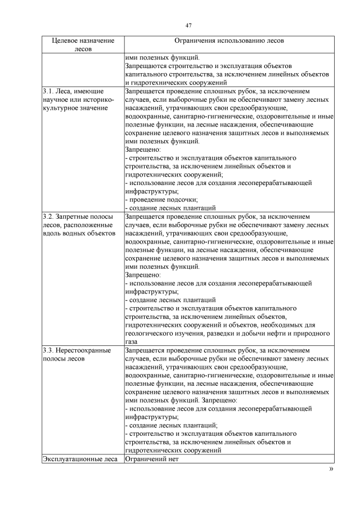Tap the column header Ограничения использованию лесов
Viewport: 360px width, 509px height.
[x=229, y=41]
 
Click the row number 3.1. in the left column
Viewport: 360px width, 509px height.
[x=48, y=91]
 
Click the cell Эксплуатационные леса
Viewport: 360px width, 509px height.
[x=79, y=459]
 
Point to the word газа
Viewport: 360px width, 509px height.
[x=130, y=341]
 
